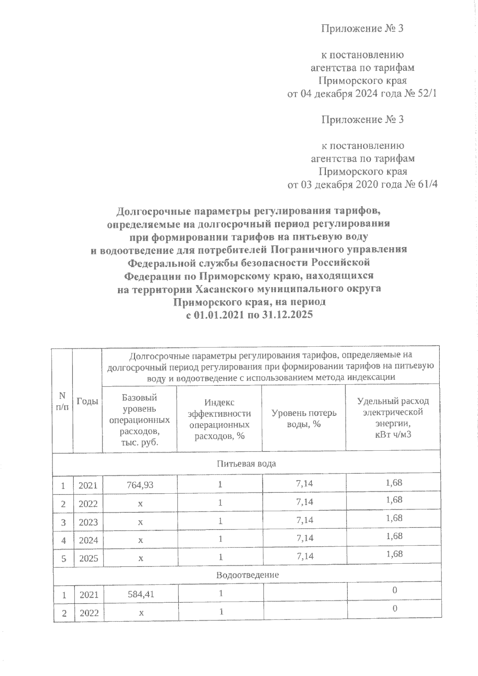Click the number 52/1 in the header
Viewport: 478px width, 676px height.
click(x=423, y=94)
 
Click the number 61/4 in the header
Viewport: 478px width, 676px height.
click(x=423, y=185)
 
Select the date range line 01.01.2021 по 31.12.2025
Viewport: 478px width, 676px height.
click(x=249, y=315)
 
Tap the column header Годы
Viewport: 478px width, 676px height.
click(x=87, y=401)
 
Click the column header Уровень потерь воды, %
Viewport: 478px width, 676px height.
click(x=304, y=418)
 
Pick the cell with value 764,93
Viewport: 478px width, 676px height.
click(x=140, y=485)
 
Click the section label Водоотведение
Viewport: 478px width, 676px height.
click(x=247, y=575)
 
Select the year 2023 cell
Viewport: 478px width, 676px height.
click(x=88, y=522)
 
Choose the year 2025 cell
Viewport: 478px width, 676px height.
click(x=88, y=559)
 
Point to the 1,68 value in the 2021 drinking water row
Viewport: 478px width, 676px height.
click(x=394, y=483)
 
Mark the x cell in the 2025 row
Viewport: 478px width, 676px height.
click(x=140, y=559)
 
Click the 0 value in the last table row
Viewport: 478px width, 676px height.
click(x=394, y=609)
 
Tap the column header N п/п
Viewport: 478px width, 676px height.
click(x=62, y=401)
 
